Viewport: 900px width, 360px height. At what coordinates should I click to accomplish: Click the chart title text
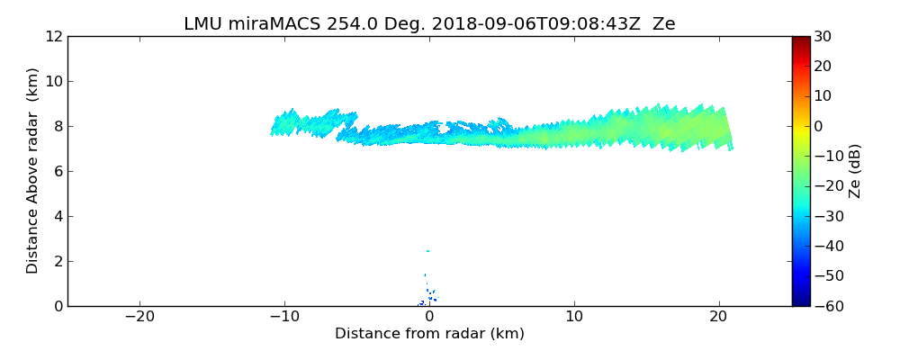(429, 23)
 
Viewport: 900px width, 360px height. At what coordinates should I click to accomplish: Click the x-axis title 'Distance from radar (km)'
(429, 334)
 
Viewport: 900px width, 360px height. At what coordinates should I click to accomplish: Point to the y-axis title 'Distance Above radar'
(33, 170)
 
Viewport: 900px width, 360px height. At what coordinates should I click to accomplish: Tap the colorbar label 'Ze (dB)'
(855, 170)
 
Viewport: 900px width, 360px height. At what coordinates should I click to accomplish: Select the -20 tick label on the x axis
(139, 318)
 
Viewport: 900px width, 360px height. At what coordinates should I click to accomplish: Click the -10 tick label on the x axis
(284, 318)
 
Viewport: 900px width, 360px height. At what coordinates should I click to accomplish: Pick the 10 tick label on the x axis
(574, 318)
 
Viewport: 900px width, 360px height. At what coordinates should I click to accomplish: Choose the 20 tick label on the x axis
(718, 318)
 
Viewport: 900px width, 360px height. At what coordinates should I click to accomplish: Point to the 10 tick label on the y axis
(52, 81)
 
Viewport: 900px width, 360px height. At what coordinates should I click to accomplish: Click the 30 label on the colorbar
(823, 36)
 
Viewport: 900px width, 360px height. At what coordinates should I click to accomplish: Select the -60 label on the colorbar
(827, 306)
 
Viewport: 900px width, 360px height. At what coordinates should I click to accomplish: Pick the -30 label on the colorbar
(827, 216)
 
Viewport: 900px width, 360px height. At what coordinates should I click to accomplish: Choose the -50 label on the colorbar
(827, 276)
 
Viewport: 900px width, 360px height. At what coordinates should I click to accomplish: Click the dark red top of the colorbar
(800, 40)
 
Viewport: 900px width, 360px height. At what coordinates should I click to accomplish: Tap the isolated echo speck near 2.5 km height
(427, 251)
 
